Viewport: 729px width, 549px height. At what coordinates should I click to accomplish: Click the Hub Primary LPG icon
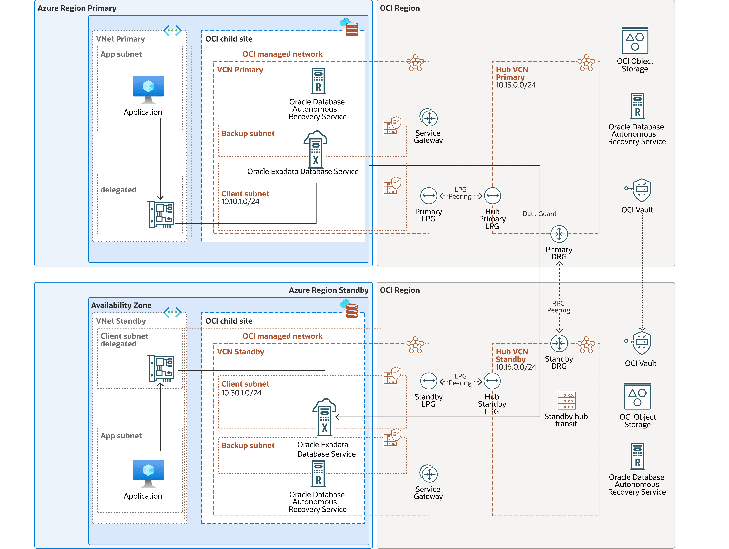pyautogui.click(x=492, y=196)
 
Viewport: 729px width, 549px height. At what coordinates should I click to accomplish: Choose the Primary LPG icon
pyautogui.click(x=428, y=196)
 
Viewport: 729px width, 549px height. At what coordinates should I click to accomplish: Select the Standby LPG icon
pyautogui.click(x=428, y=381)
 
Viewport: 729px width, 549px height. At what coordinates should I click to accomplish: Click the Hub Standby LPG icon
pyautogui.click(x=492, y=381)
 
